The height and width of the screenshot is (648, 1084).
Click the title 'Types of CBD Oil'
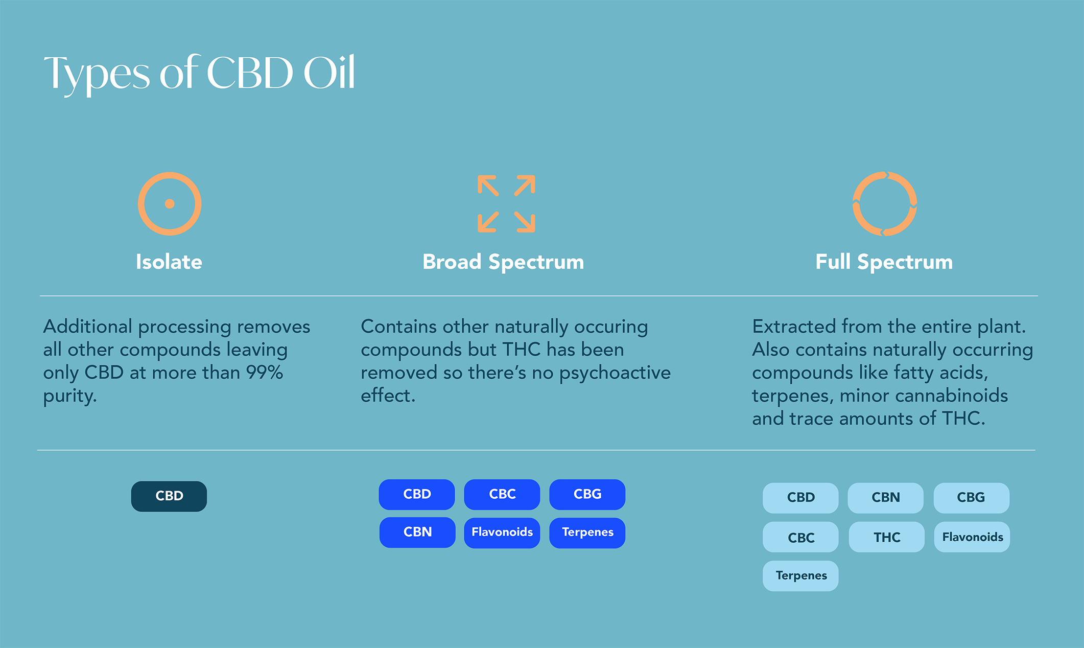click(x=199, y=74)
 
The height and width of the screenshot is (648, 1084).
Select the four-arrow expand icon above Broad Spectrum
click(x=506, y=204)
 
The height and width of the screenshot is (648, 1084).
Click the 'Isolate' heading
click(x=169, y=262)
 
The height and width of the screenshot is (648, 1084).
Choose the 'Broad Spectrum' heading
click(x=503, y=262)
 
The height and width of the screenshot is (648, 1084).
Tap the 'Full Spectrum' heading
click(x=884, y=262)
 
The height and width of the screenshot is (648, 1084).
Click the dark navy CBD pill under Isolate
click(x=169, y=496)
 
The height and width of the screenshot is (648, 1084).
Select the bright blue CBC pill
click(x=502, y=495)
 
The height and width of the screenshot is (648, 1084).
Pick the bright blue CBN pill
click(x=417, y=533)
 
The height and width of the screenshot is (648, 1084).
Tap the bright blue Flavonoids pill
click(x=502, y=533)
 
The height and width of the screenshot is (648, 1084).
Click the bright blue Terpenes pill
click(x=587, y=533)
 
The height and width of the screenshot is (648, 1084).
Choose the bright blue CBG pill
click(x=587, y=495)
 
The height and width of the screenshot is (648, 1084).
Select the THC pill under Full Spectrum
click(x=887, y=537)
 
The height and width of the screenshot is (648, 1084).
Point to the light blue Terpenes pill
click(x=800, y=576)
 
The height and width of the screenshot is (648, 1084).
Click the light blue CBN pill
click(x=886, y=498)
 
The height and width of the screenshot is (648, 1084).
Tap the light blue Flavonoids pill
click(x=972, y=537)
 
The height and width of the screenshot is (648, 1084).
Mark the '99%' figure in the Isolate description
click(x=265, y=373)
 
